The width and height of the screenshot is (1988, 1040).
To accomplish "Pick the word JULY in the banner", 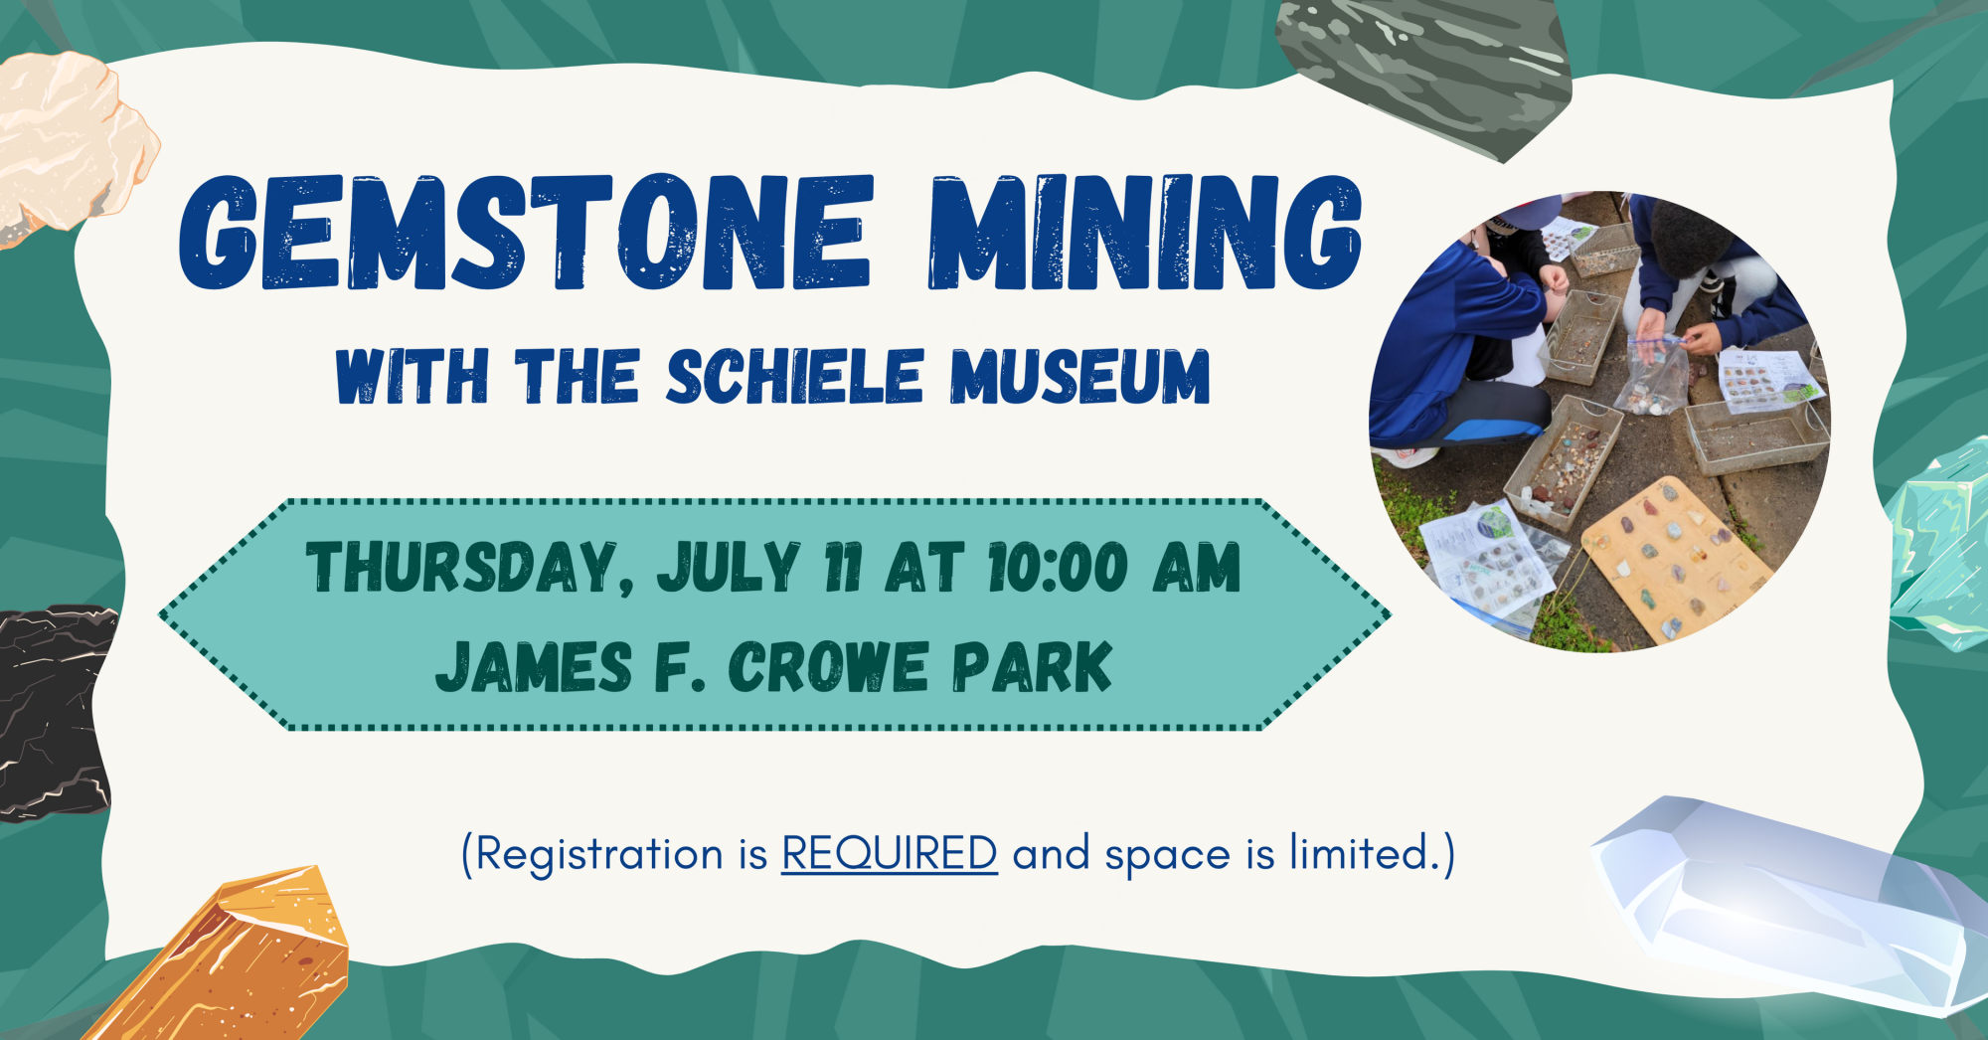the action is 729,567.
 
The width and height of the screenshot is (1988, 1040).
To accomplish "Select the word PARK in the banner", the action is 1032,666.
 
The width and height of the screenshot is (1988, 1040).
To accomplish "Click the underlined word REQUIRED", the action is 890,853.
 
